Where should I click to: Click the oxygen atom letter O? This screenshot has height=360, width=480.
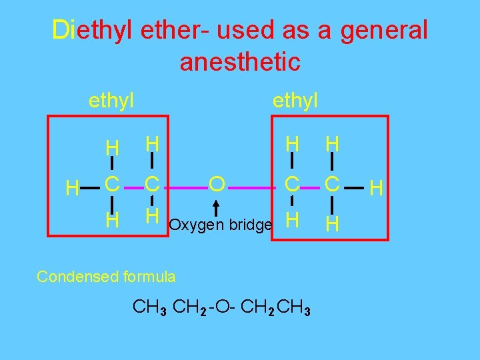(216, 183)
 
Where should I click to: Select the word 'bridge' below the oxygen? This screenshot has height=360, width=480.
(251, 225)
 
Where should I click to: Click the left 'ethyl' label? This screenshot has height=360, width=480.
(111, 101)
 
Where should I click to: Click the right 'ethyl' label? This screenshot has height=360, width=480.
(295, 101)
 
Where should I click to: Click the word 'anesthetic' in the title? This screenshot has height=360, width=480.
(240, 62)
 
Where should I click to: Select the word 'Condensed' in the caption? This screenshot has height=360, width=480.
(72, 276)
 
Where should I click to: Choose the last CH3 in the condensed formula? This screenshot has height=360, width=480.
(294, 307)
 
